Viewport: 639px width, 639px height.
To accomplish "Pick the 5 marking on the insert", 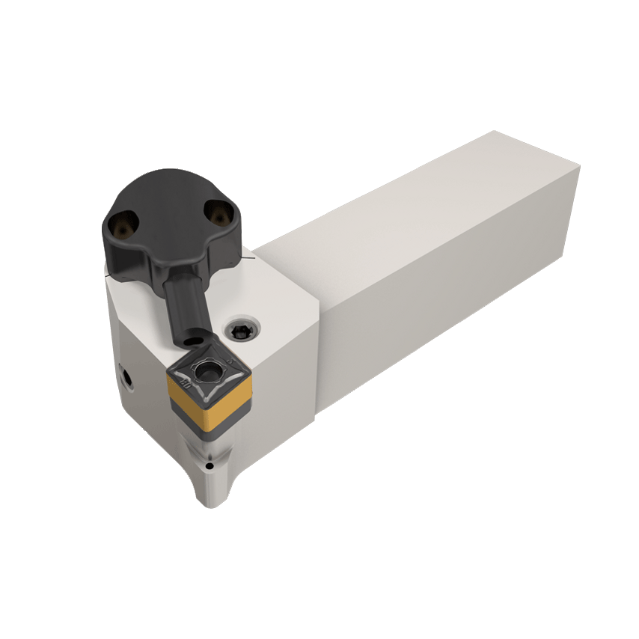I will [x=229, y=362].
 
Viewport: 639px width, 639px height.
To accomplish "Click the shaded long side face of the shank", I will [x=449, y=299].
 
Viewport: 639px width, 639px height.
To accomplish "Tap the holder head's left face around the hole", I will [x=138, y=389].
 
